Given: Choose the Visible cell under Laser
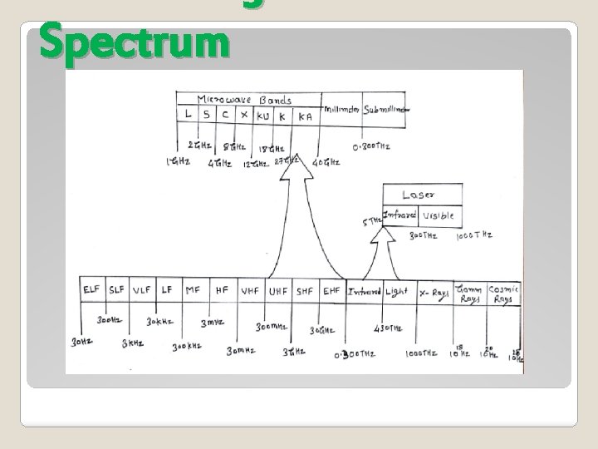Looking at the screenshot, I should pyautogui.click(x=438, y=215).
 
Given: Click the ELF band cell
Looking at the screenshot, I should pyautogui.click(x=92, y=291).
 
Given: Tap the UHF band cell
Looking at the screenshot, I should pyautogui.click(x=278, y=291).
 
